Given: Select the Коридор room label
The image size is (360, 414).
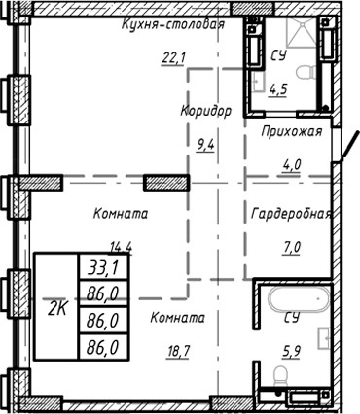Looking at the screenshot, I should click(x=206, y=110).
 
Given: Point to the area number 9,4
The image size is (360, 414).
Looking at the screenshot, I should click(x=207, y=148).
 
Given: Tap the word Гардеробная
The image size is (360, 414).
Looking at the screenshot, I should click(x=292, y=214).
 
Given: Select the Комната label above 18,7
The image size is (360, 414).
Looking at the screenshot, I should click(x=177, y=318).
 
